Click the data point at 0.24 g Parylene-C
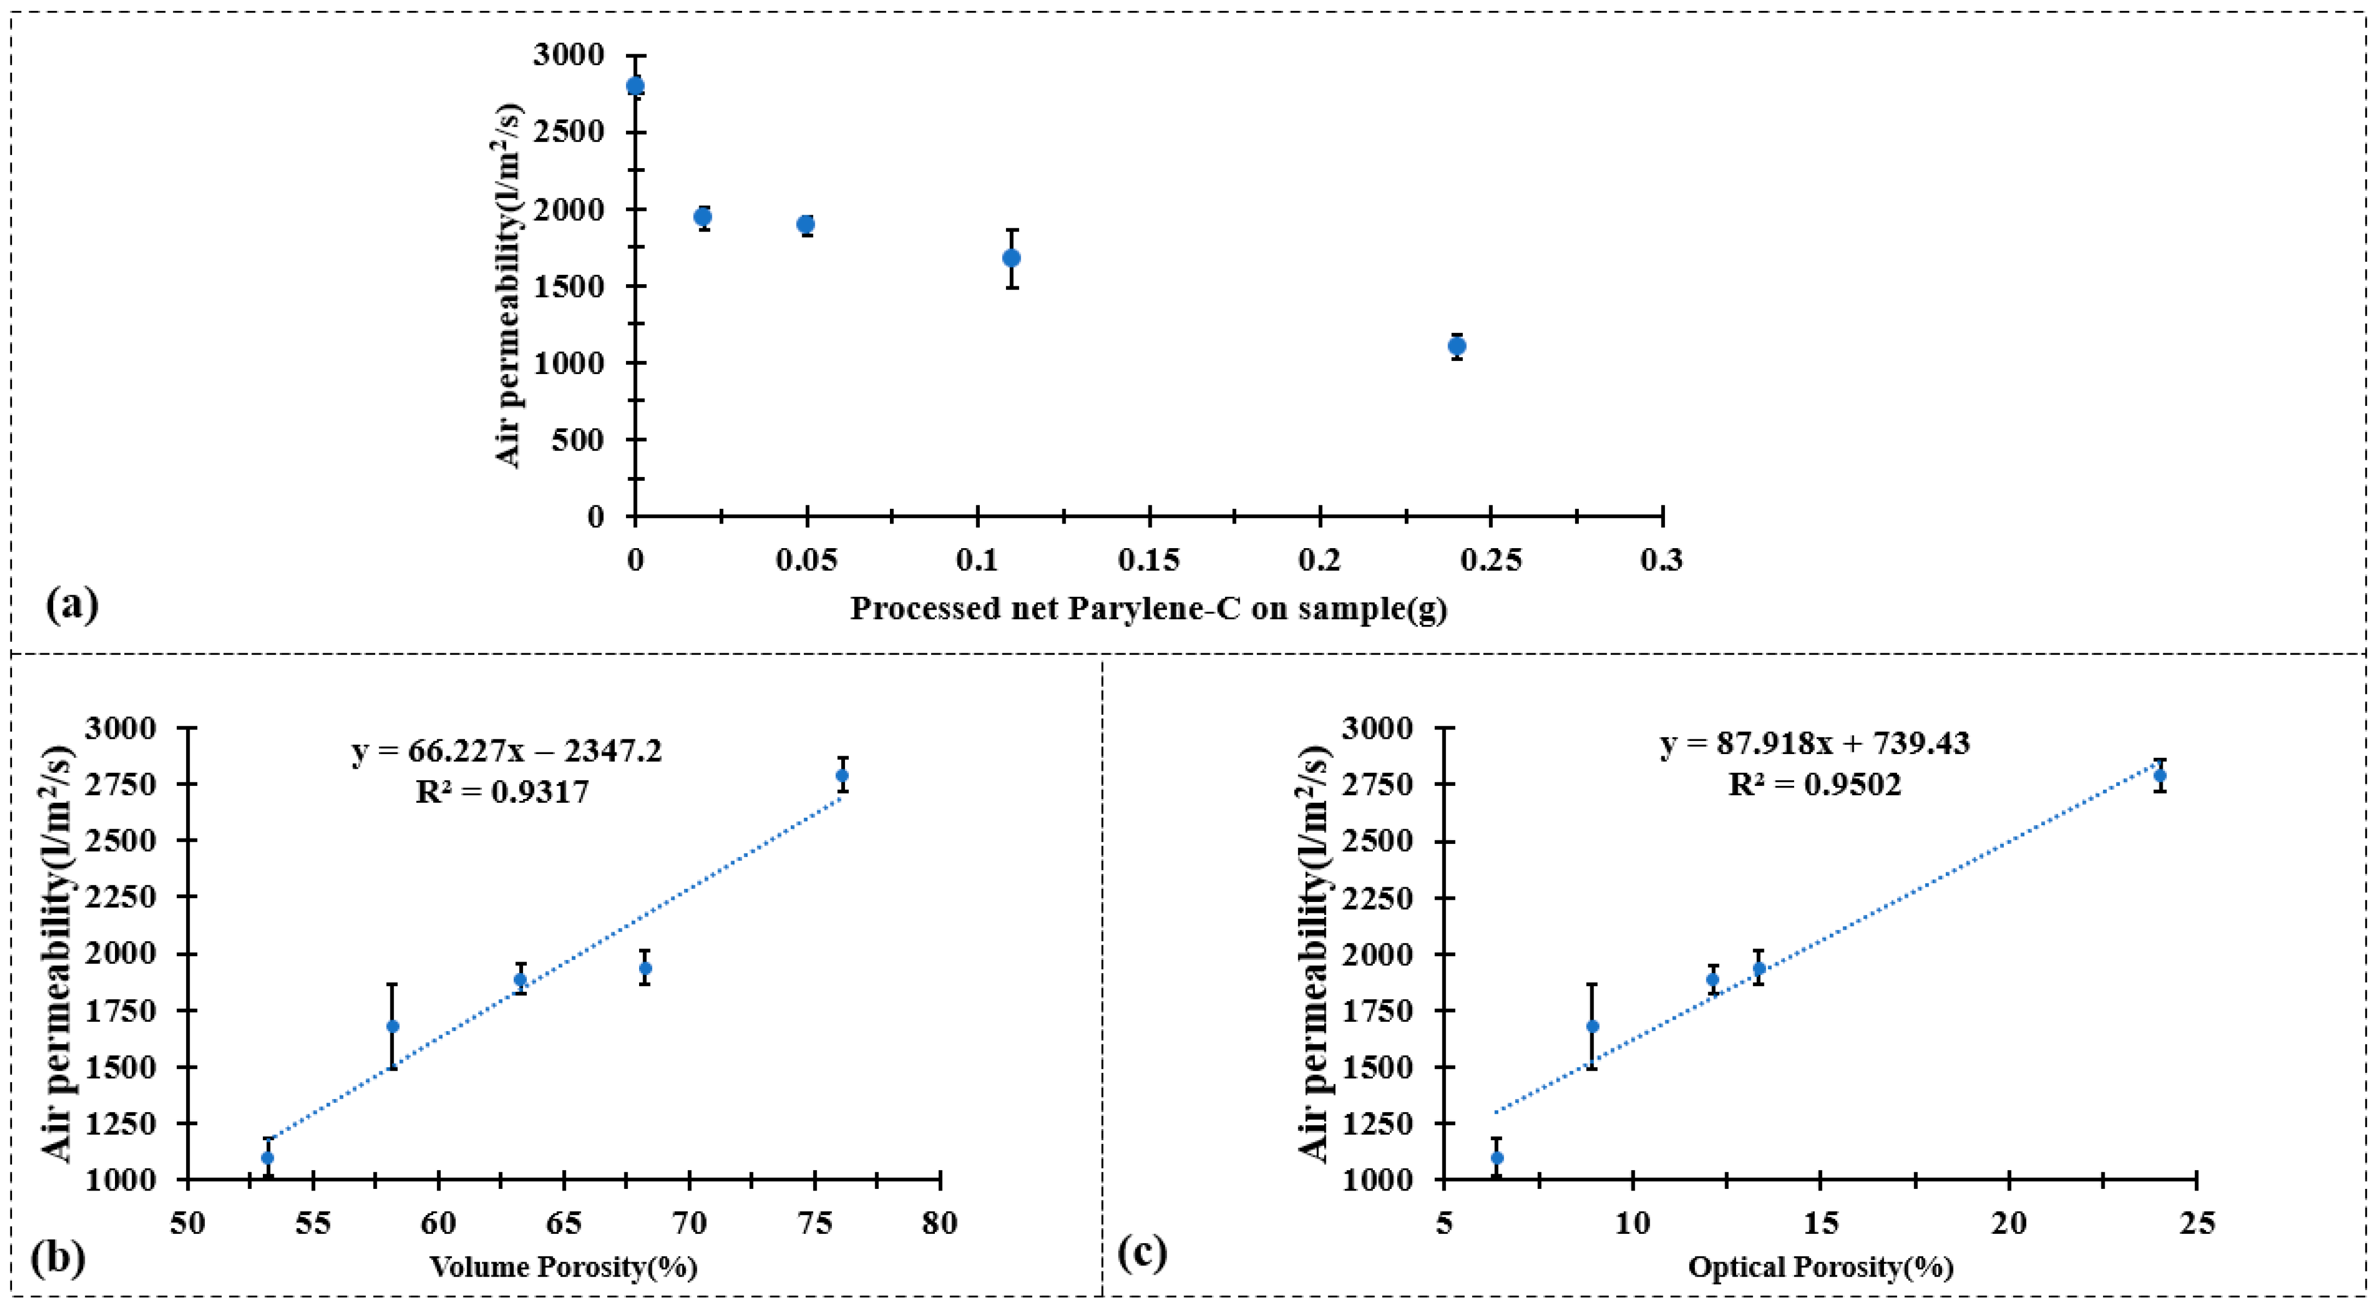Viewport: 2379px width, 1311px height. pyautogui.click(x=1456, y=346)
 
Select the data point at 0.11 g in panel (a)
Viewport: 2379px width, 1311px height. pyautogui.click(x=1012, y=257)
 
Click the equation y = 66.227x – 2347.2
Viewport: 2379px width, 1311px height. pyautogui.click(x=507, y=752)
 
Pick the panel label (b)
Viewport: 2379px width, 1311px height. pyautogui.click(x=58, y=1257)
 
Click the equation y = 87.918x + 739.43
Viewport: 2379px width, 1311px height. pyautogui.click(x=1815, y=743)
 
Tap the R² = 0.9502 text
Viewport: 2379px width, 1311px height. pyautogui.click(x=1815, y=785)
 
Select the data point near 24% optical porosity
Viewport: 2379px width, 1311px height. pyautogui.click(x=2160, y=775)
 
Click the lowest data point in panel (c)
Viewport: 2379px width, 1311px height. pyautogui.click(x=1497, y=1158)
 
